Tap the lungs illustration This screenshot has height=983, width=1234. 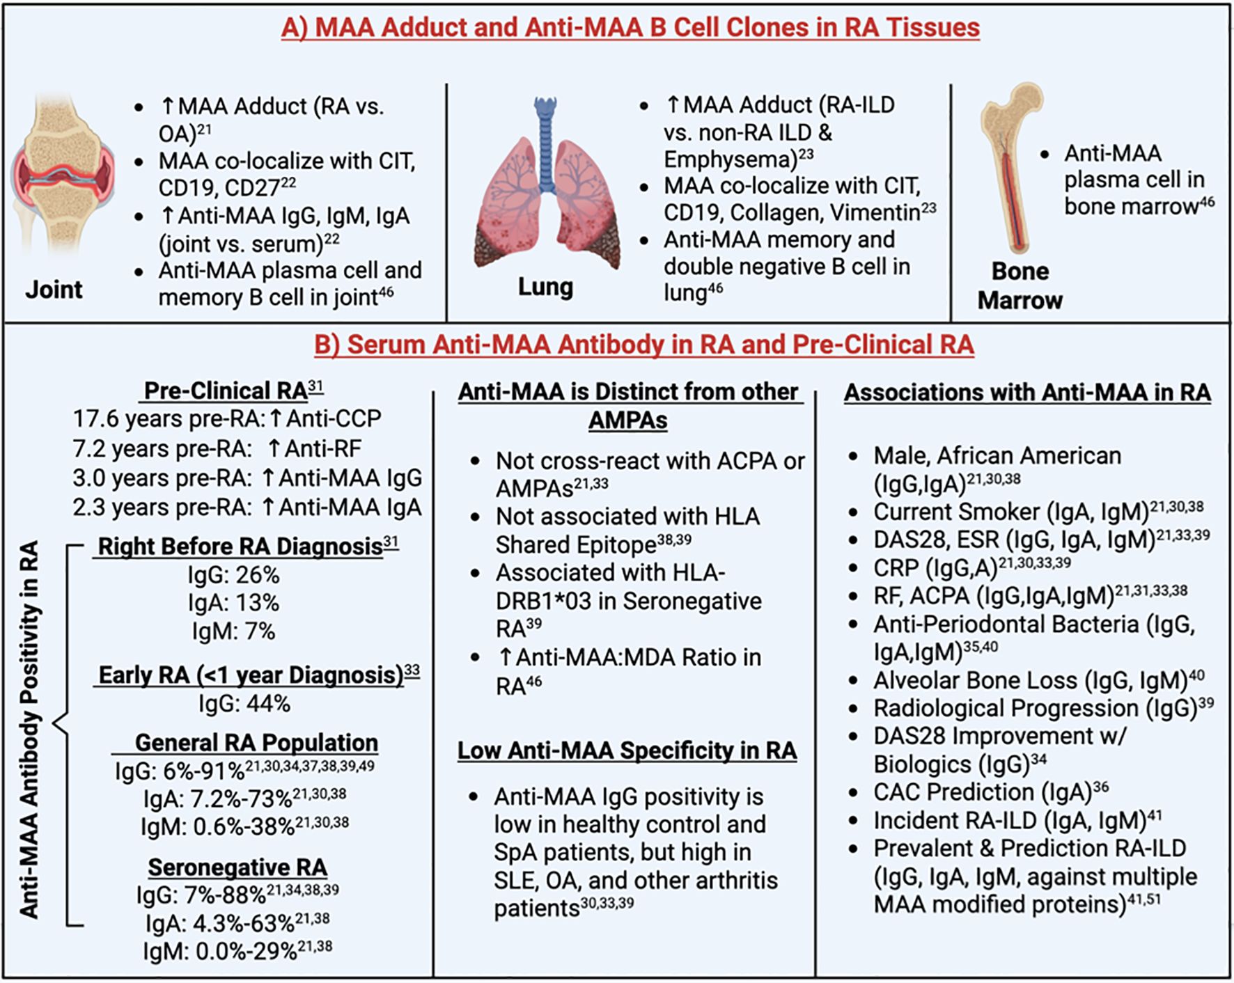(547, 195)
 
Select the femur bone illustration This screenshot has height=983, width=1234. (1010, 167)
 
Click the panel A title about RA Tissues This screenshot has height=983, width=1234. (630, 28)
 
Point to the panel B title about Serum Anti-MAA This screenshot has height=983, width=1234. (643, 345)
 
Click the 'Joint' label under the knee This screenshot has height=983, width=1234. (54, 290)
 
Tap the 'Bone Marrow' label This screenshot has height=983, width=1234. (1020, 285)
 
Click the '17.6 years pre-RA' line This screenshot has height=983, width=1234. (227, 419)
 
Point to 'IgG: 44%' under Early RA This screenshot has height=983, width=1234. (244, 704)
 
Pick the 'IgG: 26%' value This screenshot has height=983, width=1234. (233, 575)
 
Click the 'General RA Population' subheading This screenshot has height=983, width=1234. (256, 743)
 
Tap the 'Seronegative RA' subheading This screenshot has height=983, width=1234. (237, 867)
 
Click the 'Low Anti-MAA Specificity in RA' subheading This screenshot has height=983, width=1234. (627, 750)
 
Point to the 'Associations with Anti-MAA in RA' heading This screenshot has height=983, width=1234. (1027, 393)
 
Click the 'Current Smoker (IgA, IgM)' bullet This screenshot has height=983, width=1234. (1038, 512)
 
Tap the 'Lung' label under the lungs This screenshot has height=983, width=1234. (545, 287)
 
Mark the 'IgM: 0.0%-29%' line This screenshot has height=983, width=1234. (237, 951)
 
